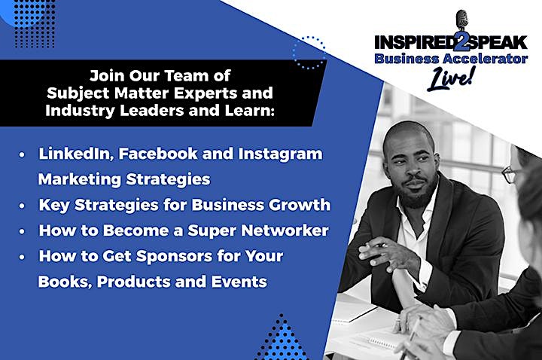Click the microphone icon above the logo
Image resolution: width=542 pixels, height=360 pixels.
[x=461, y=21]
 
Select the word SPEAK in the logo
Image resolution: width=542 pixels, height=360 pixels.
[x=498, y=42]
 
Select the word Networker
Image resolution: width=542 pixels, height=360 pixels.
[x=285, y=230]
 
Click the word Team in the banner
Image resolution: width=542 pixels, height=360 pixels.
[x=187, y=76]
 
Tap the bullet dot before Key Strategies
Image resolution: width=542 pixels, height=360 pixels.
[x=22, y=206]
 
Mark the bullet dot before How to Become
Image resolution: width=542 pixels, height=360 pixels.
[x=22, y=231]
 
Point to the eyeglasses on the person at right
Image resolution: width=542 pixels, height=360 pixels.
[x=511, y=174]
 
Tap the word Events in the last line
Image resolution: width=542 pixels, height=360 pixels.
[x=239, y=282]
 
